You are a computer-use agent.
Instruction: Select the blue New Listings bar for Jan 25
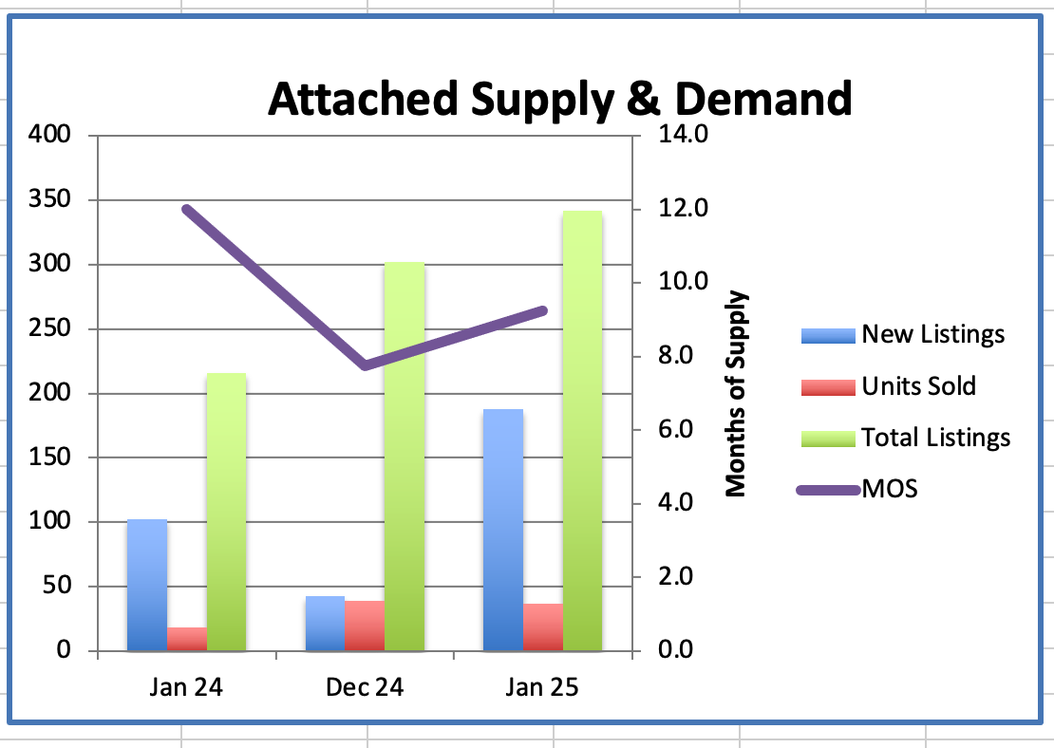tap(503, 531)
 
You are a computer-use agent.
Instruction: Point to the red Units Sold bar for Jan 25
tap(543, 627)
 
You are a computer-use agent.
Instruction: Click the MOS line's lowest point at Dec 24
tap(366, 365)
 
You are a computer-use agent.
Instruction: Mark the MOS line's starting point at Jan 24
tap(186, 209)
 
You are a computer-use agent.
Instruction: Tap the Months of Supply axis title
tap(736, 394)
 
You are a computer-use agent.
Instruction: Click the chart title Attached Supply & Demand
tap(559, 99)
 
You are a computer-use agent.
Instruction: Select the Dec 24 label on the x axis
tap(365, 687)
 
